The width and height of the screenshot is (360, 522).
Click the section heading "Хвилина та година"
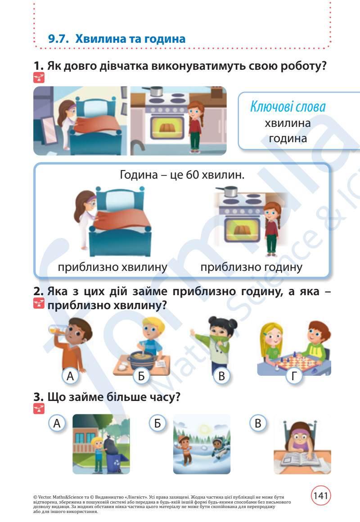pos(130,39)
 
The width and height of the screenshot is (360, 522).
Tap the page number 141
pos(320,495)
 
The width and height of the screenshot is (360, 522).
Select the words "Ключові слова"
pos(288,107)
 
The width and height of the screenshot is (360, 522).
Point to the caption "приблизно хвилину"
pos(112,267)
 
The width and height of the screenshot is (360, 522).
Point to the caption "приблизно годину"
pos(251,267)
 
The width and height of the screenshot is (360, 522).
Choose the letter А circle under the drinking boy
pos(70,376)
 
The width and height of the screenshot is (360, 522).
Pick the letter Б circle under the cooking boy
pos(141,376)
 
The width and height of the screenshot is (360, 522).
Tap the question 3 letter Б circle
pos(157,423)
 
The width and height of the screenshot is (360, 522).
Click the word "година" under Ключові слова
pos(288,138)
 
